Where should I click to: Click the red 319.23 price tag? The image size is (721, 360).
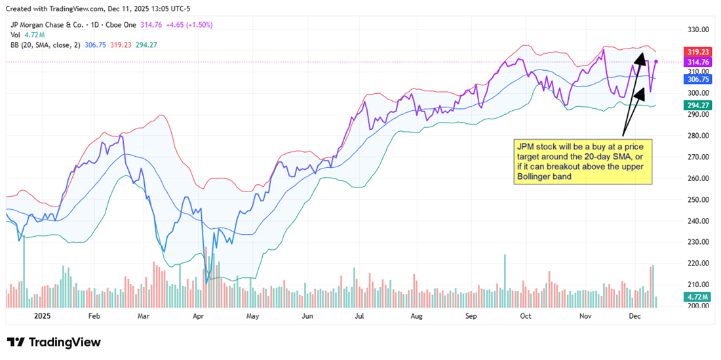point(699,52)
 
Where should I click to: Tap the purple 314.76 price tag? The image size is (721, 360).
point(699,62)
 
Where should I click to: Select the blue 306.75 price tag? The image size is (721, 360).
point(699,79)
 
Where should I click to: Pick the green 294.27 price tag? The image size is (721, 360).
point(699,105)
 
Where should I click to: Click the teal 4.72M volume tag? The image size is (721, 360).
point(697,298)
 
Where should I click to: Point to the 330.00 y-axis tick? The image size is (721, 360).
point(698,30)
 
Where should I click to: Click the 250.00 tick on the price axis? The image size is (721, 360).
point(698,199)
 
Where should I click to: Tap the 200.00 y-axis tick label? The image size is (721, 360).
point(698,306)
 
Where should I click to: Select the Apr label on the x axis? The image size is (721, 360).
point(199,315)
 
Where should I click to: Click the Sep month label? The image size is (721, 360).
point(471,315)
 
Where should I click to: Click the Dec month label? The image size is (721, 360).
point(634,315)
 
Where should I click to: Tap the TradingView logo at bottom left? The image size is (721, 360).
point(54,342)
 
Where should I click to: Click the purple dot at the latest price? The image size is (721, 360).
point(656,62)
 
